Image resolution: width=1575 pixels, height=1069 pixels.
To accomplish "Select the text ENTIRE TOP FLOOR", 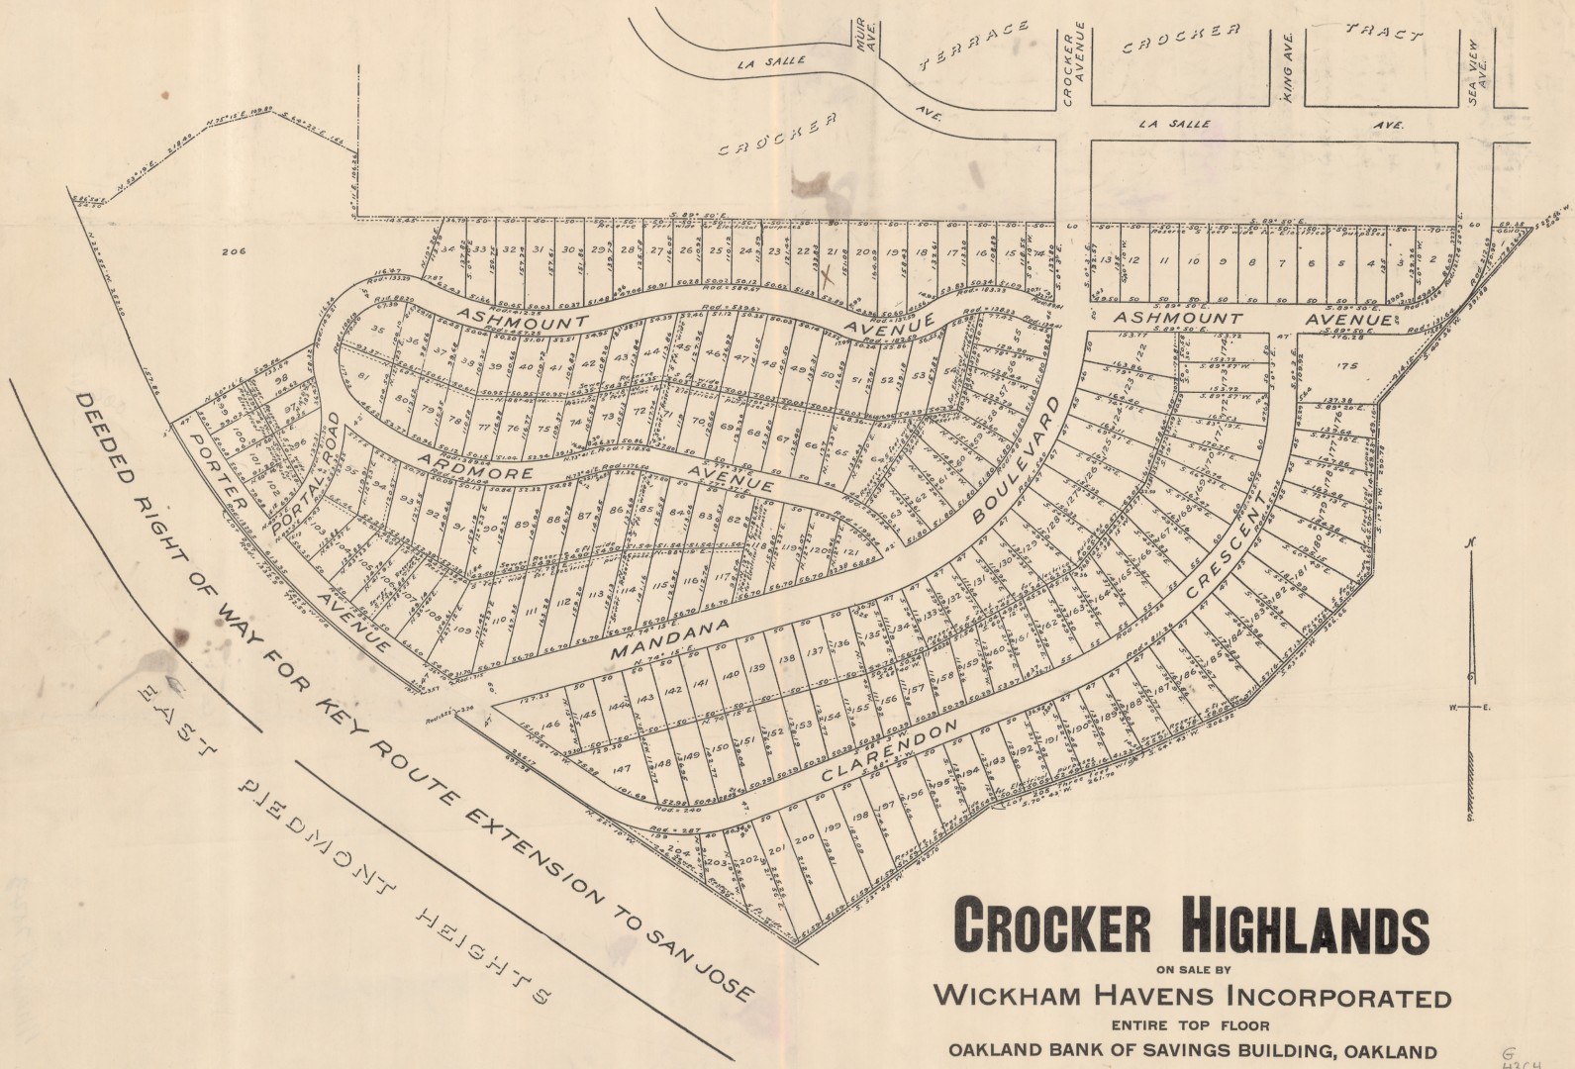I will pyautogui.click(x=1192, y=1025).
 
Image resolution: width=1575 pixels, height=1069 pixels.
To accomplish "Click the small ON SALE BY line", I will pyautogui.click(x=1192, y=970).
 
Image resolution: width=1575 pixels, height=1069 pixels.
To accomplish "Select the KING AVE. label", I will pyautogui.click(x=1288, y=54).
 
